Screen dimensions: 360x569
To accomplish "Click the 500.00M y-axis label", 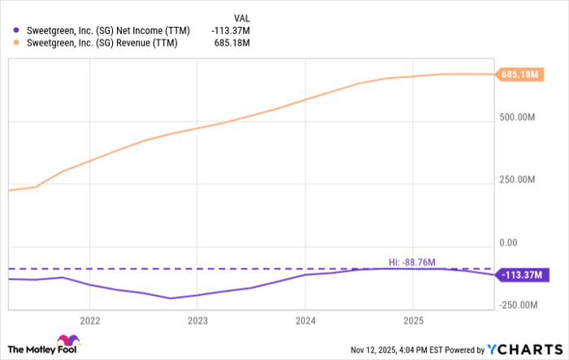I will click(x=519, y=117).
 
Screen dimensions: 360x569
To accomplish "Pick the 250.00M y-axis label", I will click(x=519, y=180).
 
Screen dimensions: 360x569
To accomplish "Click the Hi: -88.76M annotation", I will click(x=413, y=262).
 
